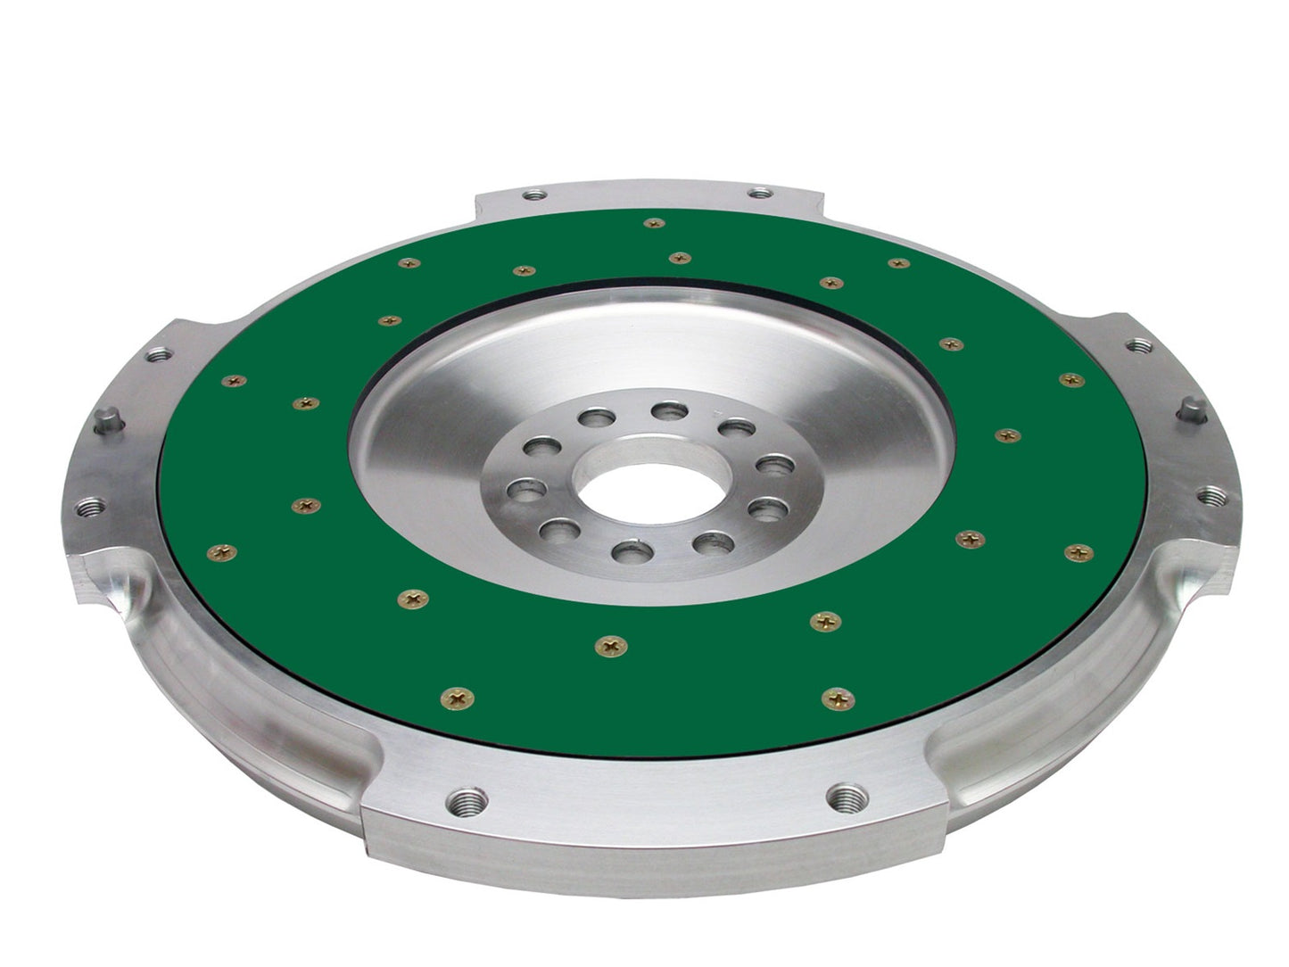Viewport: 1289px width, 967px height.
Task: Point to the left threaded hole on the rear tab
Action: tap(535, 194)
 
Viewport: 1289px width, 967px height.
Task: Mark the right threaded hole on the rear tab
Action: tap(760, 193)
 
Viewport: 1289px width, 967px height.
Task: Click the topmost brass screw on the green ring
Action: tap(654, 223)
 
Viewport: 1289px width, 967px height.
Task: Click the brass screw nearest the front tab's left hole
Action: tap(459, 698)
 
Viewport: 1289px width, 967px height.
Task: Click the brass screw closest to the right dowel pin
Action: tap(1071, 380)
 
